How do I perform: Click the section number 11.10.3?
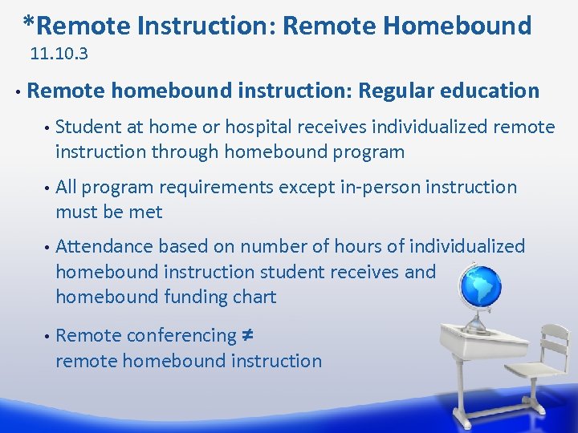point(59,55)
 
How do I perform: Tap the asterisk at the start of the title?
point(29,22)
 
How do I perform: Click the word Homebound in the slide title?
point(457,26)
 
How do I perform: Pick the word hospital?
point(258,127)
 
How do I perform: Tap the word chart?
point(255,297)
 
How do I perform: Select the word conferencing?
point(181,335)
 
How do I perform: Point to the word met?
point(146,212)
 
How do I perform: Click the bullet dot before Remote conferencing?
point(47,336)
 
